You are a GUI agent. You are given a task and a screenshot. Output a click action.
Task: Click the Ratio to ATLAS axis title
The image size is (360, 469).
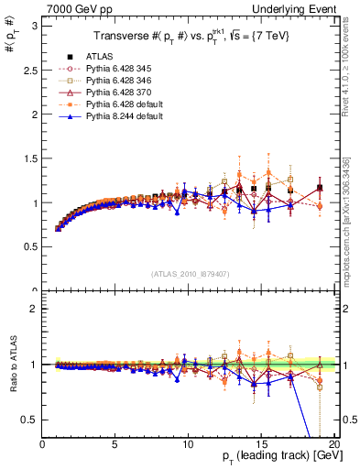click(x=13, y=365)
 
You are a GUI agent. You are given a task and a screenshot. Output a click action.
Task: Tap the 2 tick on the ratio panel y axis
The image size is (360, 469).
click(x=35, y=309)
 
